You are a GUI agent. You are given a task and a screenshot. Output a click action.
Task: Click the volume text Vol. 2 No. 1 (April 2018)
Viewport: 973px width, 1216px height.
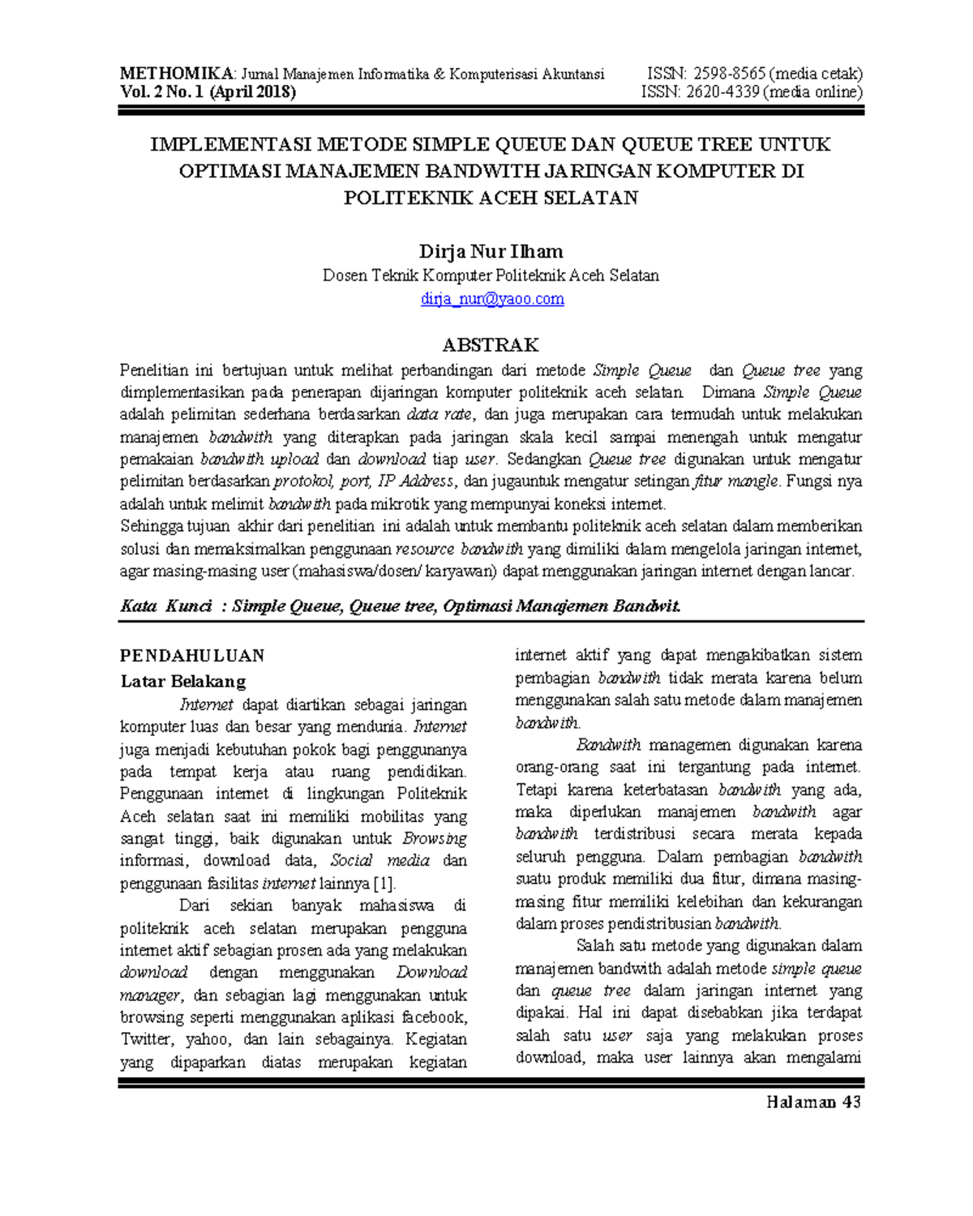pos(208,92)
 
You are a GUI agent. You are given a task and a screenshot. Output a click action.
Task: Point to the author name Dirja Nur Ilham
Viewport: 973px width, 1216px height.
pos(491,251)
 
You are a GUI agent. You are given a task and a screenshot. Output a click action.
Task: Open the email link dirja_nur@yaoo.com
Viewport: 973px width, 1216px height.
pos(492,299)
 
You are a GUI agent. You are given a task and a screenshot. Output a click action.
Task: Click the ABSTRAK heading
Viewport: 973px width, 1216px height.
pos(491,345)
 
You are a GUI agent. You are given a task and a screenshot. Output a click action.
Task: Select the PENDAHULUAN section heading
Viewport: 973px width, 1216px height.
pos(192,656)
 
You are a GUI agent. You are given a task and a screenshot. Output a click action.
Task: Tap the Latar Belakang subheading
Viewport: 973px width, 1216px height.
pos(183,681)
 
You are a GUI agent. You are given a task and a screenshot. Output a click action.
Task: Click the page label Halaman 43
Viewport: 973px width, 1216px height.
pos(813,1103)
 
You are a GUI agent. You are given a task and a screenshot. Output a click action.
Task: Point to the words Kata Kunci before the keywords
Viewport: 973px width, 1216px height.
pos(166,606)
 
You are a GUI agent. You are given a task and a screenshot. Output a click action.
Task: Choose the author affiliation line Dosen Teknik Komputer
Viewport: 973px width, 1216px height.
pos(491,276)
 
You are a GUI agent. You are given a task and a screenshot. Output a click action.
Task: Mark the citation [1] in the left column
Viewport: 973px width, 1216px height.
pos(383,884)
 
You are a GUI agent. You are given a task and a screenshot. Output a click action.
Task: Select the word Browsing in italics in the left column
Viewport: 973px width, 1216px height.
pos(435,839)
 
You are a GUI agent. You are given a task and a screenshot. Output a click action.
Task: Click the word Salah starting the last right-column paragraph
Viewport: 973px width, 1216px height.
pos(595,946)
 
